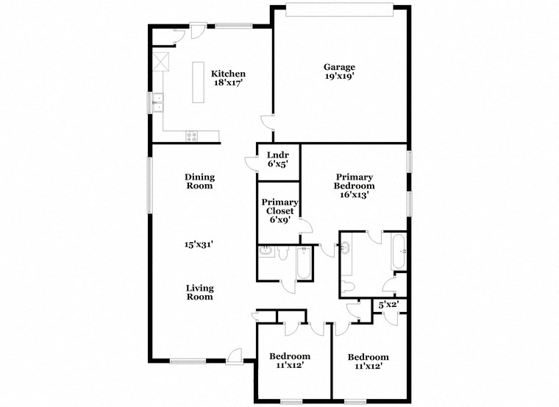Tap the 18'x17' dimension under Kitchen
[228, 83]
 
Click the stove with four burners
[192, 135]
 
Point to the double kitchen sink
[157, 102]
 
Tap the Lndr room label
[277, 155]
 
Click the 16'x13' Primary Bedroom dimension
[355, 195]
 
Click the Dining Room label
[199, 181]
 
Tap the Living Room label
[199, 292]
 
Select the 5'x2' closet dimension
[388, 304]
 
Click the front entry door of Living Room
[234, 356]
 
